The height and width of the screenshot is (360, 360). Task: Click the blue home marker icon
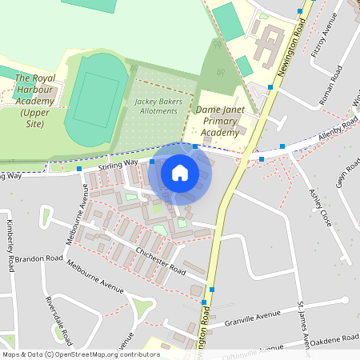tap(180, 172)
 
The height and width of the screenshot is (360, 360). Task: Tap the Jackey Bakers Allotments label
tap(164, 106)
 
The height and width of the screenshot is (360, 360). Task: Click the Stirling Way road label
tap(118, 164)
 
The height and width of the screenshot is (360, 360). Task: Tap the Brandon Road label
tap(38, 259)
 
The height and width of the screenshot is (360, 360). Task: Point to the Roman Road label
tap(330, 82)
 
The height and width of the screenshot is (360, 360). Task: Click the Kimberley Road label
tap(10, 244)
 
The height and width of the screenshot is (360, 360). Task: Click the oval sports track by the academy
tap(95, 100)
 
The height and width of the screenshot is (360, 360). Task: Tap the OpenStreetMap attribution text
tap(80, 354)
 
